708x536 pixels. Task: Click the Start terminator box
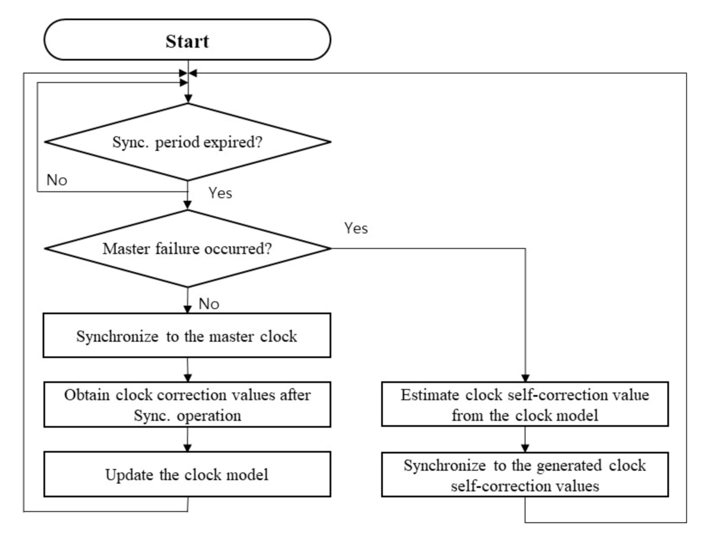[187, 40]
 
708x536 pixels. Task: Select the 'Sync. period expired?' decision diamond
[187, 142]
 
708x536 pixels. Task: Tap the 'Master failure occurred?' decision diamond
[187, 248]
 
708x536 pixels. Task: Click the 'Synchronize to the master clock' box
[187, 336]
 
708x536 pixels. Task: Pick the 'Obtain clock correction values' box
[187, 404]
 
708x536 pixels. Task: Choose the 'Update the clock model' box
[187, 474]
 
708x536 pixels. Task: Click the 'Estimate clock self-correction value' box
[525, 404]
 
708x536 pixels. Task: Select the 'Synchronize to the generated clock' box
[525, 475]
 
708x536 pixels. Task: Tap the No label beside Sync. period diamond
[57, 180]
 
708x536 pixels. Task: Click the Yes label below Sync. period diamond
[220, 193]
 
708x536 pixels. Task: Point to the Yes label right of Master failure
[356, 228]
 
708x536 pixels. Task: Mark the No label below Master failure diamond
[209, 304]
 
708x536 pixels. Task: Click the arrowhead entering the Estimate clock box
[525, 378]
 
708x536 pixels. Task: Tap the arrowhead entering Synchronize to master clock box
[188, 309]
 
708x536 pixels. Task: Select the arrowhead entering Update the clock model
[188, 448]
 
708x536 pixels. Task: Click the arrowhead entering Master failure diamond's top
[188, 206]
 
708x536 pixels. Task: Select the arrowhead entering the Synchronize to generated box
[525, 448]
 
